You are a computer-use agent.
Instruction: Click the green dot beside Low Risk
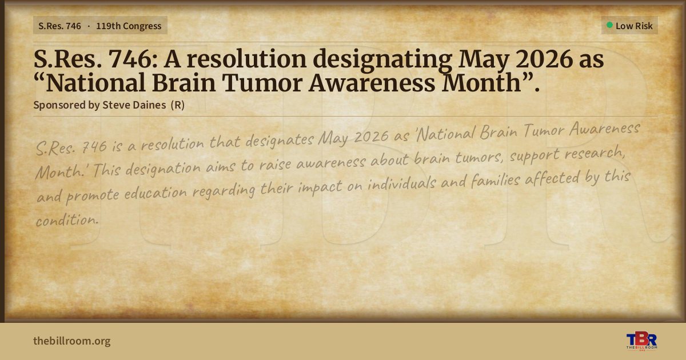click(x=609, y=25)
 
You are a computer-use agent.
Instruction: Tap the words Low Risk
click(x=634, y=26)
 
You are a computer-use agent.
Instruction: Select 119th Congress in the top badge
click(x=129, y=26)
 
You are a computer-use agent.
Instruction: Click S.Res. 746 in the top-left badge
click(x=59, y=26)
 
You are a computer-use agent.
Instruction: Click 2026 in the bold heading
click(x=544, y=59)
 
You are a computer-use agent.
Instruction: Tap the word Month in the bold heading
click(x=481, y=83)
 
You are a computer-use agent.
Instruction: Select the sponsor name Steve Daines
click(x=134, y=105)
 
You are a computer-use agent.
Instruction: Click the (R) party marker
click(x=178, y=105)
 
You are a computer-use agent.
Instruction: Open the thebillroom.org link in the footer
click(x=72, y=341)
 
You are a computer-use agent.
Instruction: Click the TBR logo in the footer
click(x=641, y=341)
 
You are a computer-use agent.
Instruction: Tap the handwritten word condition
click(x=67, y=220)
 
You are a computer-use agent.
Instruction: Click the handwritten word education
click(x=155, y=193)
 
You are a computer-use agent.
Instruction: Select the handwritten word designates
click(x=280, y=140)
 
